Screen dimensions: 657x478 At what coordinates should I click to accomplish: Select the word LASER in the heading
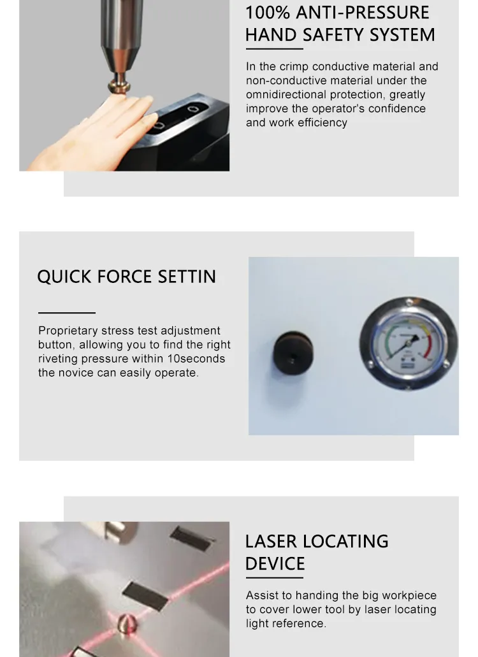click(272, 541)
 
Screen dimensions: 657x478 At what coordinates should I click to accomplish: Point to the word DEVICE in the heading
click(275, 563)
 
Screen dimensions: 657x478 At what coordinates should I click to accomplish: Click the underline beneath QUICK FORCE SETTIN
click(66, 313)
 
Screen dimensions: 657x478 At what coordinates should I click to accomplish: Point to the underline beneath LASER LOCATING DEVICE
click(274, 579)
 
